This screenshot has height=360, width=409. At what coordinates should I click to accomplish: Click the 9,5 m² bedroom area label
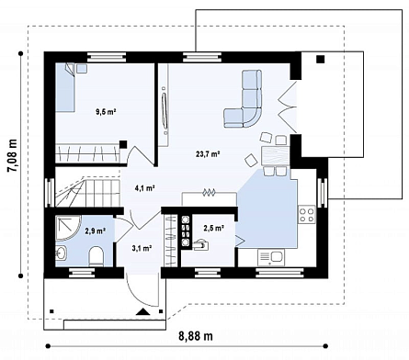click(x=106, y=112)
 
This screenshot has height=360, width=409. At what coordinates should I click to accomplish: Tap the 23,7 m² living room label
click(x=209, y=154)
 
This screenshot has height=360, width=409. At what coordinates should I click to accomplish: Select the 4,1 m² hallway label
click(x=144, y=188)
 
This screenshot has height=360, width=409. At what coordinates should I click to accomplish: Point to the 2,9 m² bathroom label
click(x=96, y=231)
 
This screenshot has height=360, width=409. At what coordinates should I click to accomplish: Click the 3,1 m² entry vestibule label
click(x=142, y=248)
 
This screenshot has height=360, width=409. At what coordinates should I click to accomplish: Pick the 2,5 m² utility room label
click(x=214, y=228)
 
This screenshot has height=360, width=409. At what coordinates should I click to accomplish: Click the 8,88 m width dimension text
click(x=196, y=336)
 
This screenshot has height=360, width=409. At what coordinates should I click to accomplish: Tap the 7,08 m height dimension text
click(x=13, y=156)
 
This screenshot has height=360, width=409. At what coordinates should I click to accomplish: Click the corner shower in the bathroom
click(x=68, y=229)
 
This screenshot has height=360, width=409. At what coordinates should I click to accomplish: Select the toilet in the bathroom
click(x=96, y=256)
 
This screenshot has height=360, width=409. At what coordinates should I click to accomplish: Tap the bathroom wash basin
click(x=62, y=253)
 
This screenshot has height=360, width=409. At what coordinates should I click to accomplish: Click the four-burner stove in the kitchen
click(x=307, y=215)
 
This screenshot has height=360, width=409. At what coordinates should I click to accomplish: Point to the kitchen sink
click(x=271, y=257)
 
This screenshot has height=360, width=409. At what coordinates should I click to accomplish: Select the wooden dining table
click(x=276, y=156)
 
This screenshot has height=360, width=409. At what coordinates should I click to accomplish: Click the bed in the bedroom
click(x=65, y=87)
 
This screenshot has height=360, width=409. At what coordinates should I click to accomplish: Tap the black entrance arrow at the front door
click(x=143, y=311)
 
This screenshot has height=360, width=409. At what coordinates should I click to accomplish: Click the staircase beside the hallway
click(x=87, y=191)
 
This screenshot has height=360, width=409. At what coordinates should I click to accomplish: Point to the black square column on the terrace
click(x=321, y=59)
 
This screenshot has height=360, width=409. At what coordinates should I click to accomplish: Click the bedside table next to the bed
click(x=82, y=68)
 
